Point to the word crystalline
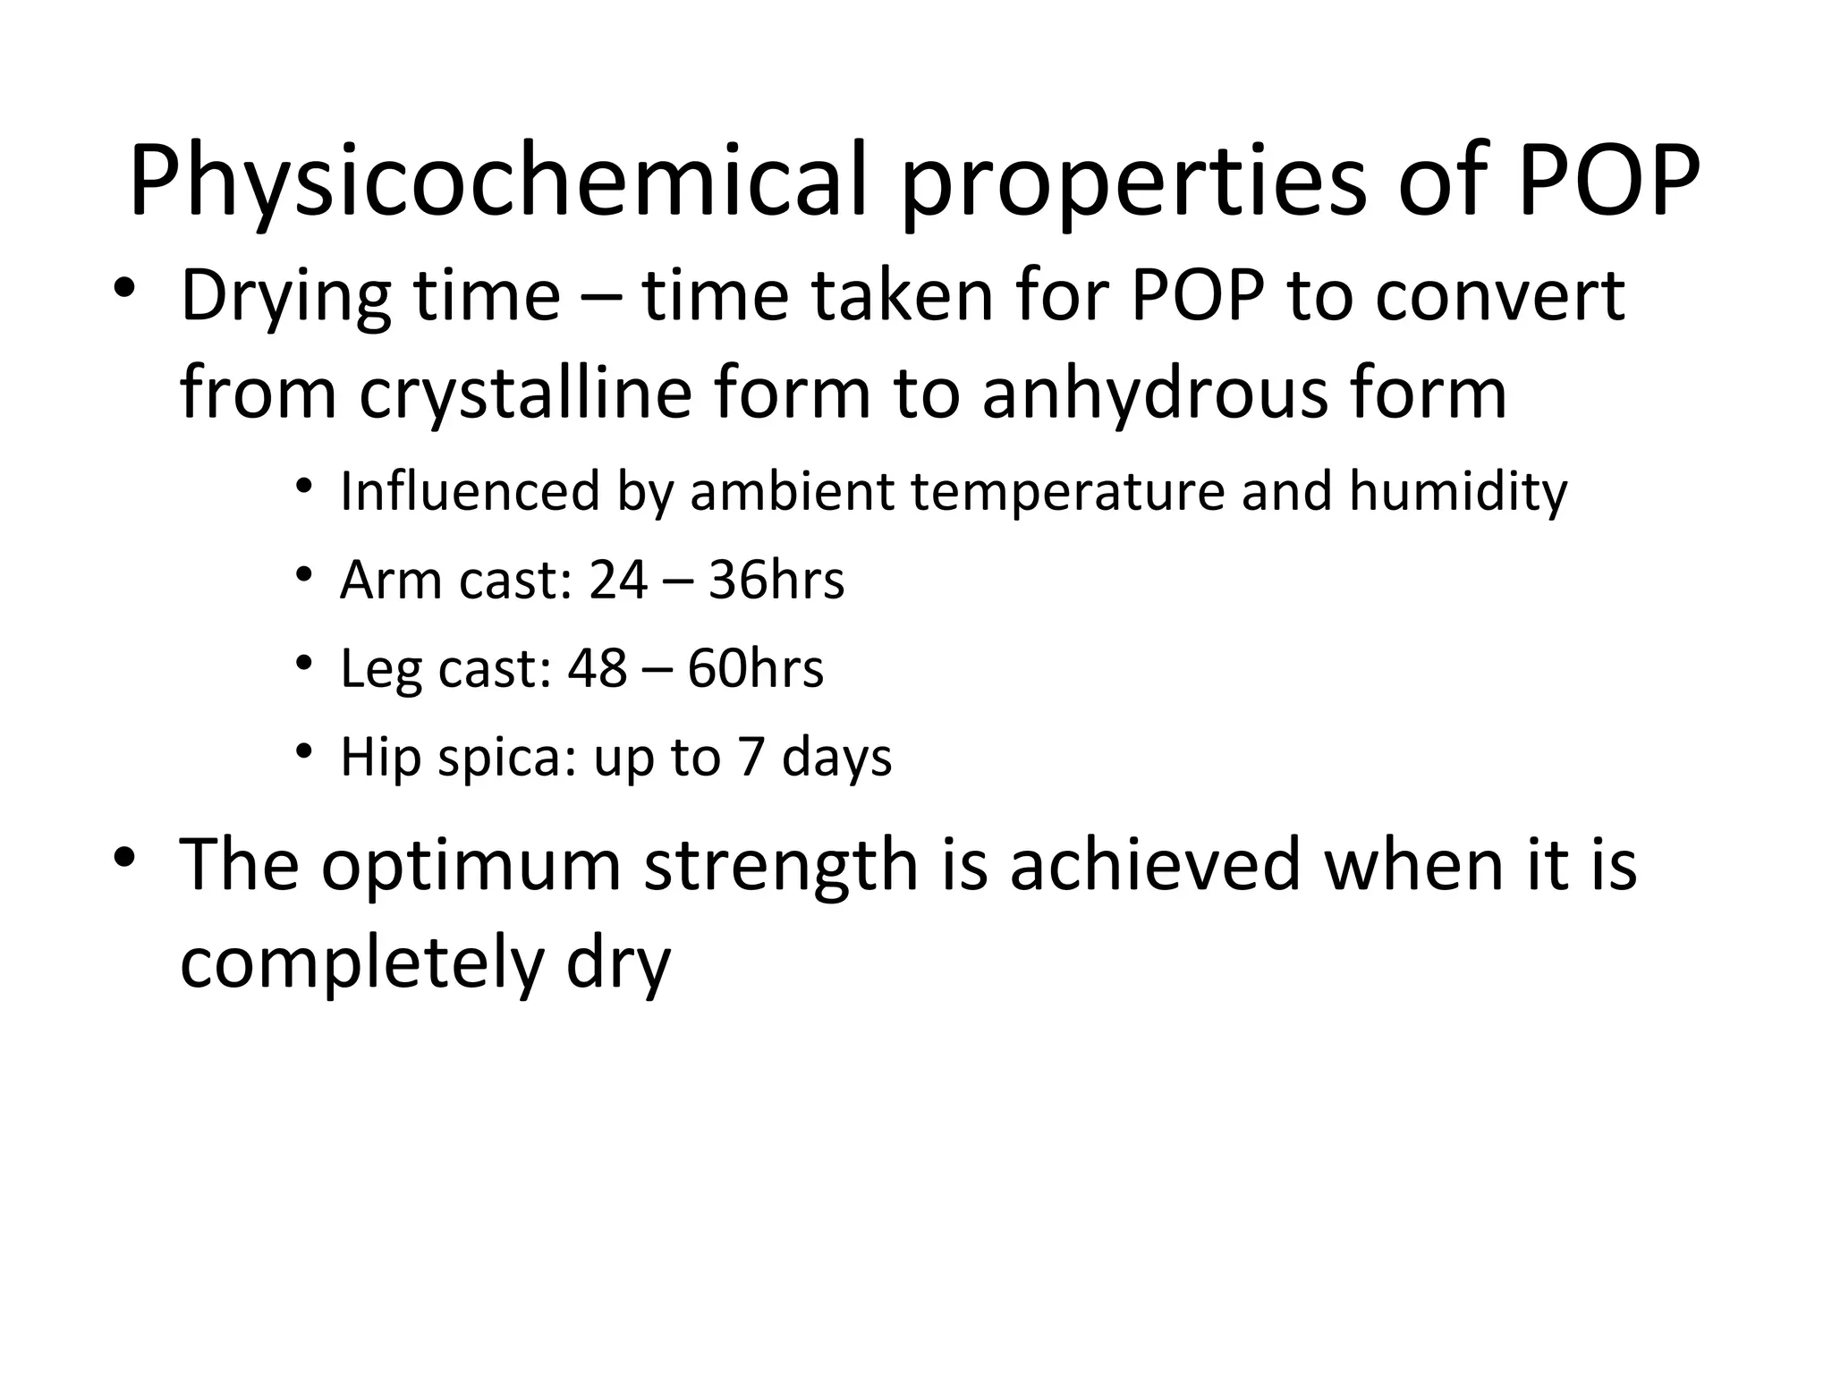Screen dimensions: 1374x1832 [x=526, y=396]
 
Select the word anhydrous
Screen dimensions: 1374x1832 [x=1154, y=396]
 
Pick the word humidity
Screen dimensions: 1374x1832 [x=1458, y=492]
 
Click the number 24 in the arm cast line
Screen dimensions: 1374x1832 [x=618, y=581]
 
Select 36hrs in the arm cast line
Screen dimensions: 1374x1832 [x=776, y=581]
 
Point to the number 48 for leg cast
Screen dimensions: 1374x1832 [x=597, y=669]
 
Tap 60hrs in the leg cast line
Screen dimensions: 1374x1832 [x=755, y=669]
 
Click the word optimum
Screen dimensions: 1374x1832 [x=471, y=866]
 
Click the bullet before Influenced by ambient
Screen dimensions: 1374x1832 [x=305, y=487]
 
